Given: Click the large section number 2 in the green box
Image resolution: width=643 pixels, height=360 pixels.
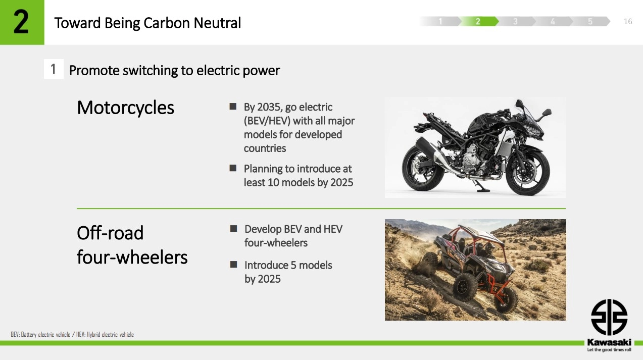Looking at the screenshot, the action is (21, 22).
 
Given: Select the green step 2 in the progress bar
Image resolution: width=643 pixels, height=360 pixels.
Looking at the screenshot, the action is (478, 21).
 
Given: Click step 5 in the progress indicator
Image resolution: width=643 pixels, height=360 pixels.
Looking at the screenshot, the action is (590, 21).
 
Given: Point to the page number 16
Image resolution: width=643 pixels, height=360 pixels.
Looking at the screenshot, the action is (628, 22).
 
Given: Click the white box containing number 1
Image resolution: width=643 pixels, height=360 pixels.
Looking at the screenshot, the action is (54, 69).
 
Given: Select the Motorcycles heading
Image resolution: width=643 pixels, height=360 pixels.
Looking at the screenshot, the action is (125, 108).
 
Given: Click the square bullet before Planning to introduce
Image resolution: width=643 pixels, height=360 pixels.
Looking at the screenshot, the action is (233, 168).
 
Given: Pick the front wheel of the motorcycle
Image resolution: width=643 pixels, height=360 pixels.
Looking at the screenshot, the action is (528, 173).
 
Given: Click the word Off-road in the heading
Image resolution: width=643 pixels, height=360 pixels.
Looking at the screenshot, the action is (110, 233).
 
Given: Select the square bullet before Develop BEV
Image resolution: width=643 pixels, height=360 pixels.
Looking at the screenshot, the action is (234, 229).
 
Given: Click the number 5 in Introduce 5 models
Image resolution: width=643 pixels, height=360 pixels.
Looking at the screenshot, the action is (293, 266).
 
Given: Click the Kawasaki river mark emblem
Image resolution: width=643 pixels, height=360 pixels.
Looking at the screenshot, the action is (609, 317).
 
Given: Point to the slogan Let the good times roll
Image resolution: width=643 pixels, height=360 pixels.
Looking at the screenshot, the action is (609, 350).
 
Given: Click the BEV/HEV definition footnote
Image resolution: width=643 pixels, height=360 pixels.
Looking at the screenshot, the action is (72, 334).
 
